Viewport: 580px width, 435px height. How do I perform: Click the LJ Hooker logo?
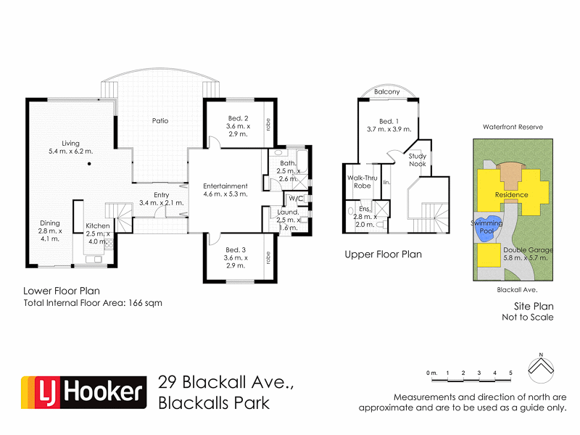(81, 392)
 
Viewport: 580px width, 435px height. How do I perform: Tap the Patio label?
(159, 120)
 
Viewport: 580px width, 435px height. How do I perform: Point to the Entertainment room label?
(225, 186)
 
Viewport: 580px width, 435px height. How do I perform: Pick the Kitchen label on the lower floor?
(97, 226)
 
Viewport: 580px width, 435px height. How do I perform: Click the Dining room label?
(50, 223)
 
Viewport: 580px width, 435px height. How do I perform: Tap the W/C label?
(295, 198)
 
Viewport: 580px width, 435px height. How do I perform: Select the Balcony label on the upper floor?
(387, 92)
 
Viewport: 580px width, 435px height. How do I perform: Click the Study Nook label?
(417, 159)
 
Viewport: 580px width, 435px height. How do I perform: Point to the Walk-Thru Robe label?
(360, 181)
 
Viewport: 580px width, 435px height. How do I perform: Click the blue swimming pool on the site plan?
(487, 226)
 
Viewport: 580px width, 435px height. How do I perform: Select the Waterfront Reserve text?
(513, 127)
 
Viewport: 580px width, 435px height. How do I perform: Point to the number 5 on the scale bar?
(511, 373)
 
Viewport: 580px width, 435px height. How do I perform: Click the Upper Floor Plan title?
(383, 254)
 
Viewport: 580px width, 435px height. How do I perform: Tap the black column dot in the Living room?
(88, 165)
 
